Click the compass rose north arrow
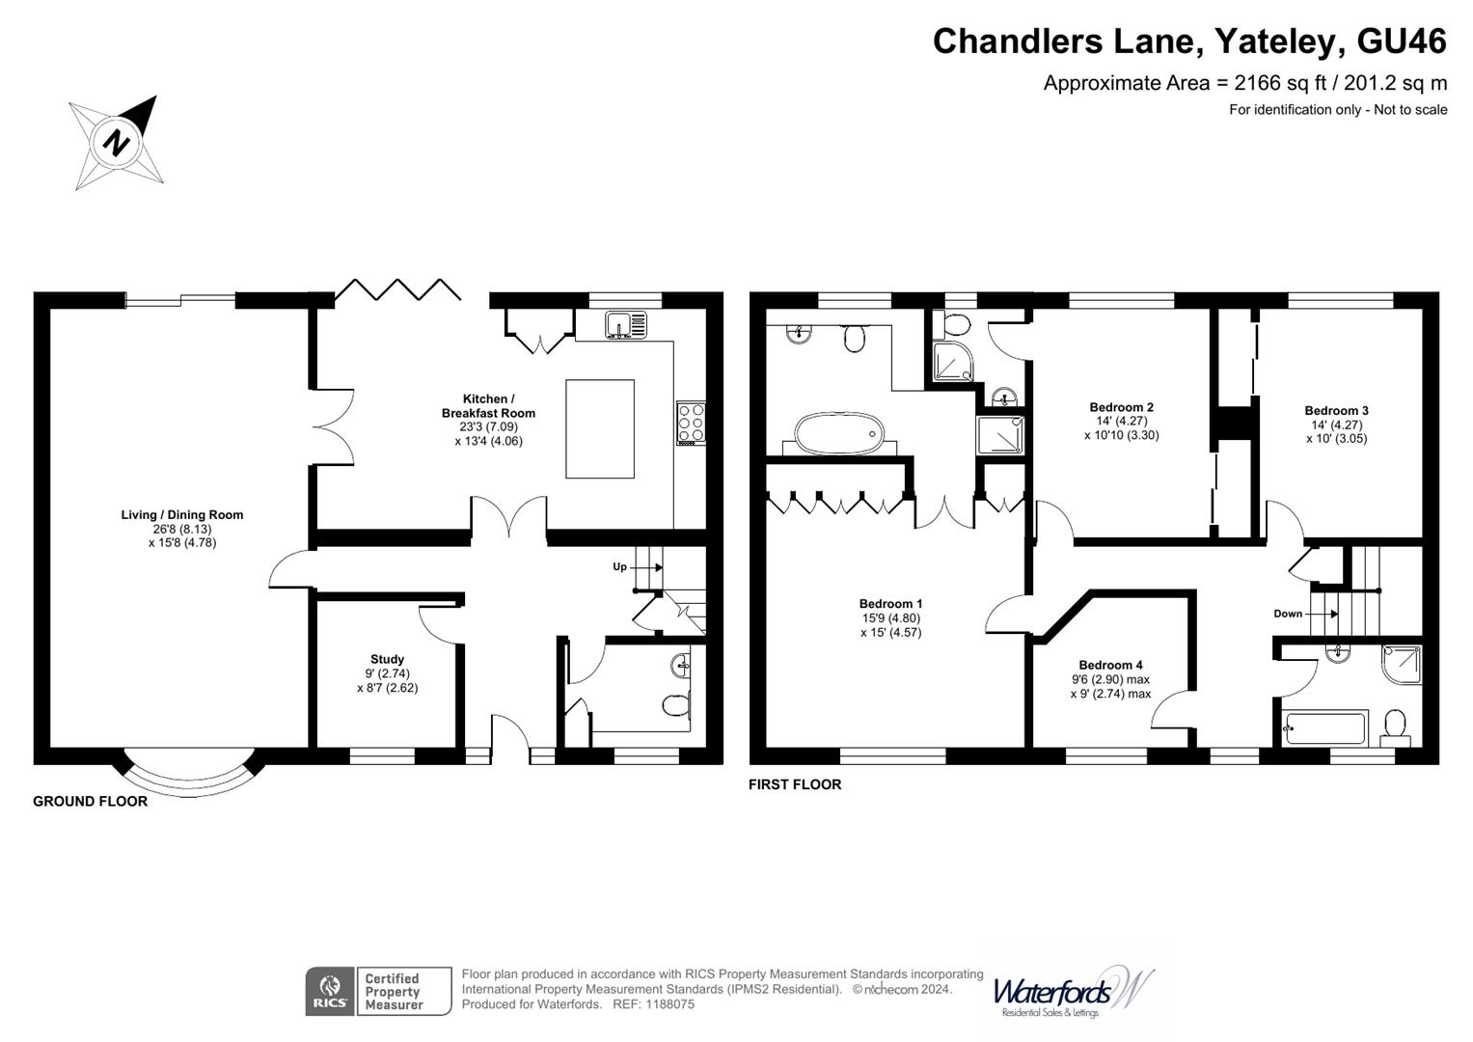pyautogui.click(x=117, y=142)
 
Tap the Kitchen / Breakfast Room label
pyautogui.click(x=488, y=406)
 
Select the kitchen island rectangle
pyautogui.click(x=599, y=428)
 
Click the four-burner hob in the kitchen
pyautogui.click(x=691, y=423)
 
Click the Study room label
pyautogui.click(x=387, y=660)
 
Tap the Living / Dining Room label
pyautogui.click(x=181, y=515)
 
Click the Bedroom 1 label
pyautogui.click(x=890, y=604)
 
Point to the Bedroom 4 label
pyautogui.click(x=1110, y=665)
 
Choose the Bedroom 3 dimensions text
pyautogui.click(x=1336, y=431)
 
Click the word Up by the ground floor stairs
pyautogui.click(x=619, y=566)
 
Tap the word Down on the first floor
pyautogui.click(x=1288, y=614)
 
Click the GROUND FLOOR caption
pyautogui.click(x=90, y=802)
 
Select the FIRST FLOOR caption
pyautogui.click(x=795, y=785)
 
